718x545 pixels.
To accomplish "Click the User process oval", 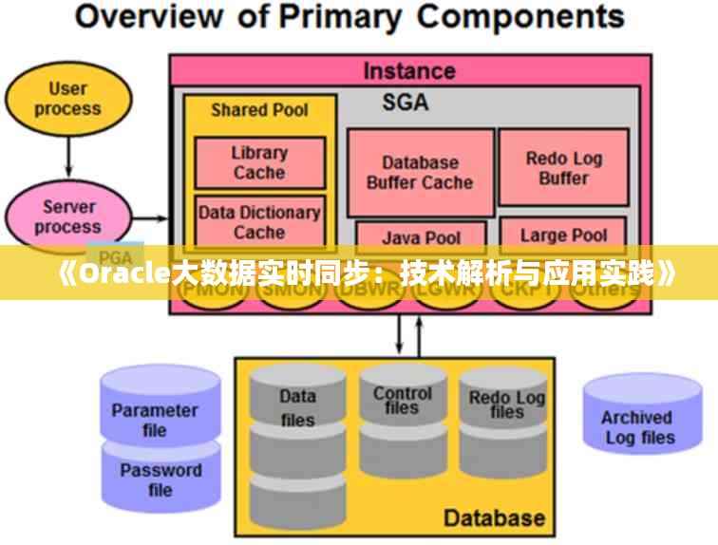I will pyautogui.click(x=67, y=99).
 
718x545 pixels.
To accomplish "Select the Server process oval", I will pyautogui.click(x=67, y=216).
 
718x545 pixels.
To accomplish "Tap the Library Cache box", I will pyautogui.click(x=259, y=162).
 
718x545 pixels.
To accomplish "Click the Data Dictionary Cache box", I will pyautogui.click(x=259, y=221).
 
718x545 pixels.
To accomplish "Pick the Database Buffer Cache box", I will pyautogui.click(x=420, y=173).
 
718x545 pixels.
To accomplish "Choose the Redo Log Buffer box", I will pyautogui.click(x=563, y=168).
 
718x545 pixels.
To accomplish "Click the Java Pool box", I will pyautogui.click(x=420, y=235).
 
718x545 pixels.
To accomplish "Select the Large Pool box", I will pyautogui.click(x=563, y=235).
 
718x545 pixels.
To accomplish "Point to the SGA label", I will pyautogui.click(x=406, y=103).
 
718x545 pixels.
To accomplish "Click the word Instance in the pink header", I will pyautogui.click(x=409, y=70).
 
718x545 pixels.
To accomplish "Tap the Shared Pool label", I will pyautogui.click(x=259, y=110).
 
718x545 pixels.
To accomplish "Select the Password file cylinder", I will pyautogui.click(x=160, y=479).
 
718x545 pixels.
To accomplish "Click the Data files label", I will pyautogui.click(x=297, y=407).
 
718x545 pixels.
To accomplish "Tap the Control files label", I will pyautogui.click(x=402, y=400).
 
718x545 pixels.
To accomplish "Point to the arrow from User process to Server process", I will pyautogui.click(x=67, y=153).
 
